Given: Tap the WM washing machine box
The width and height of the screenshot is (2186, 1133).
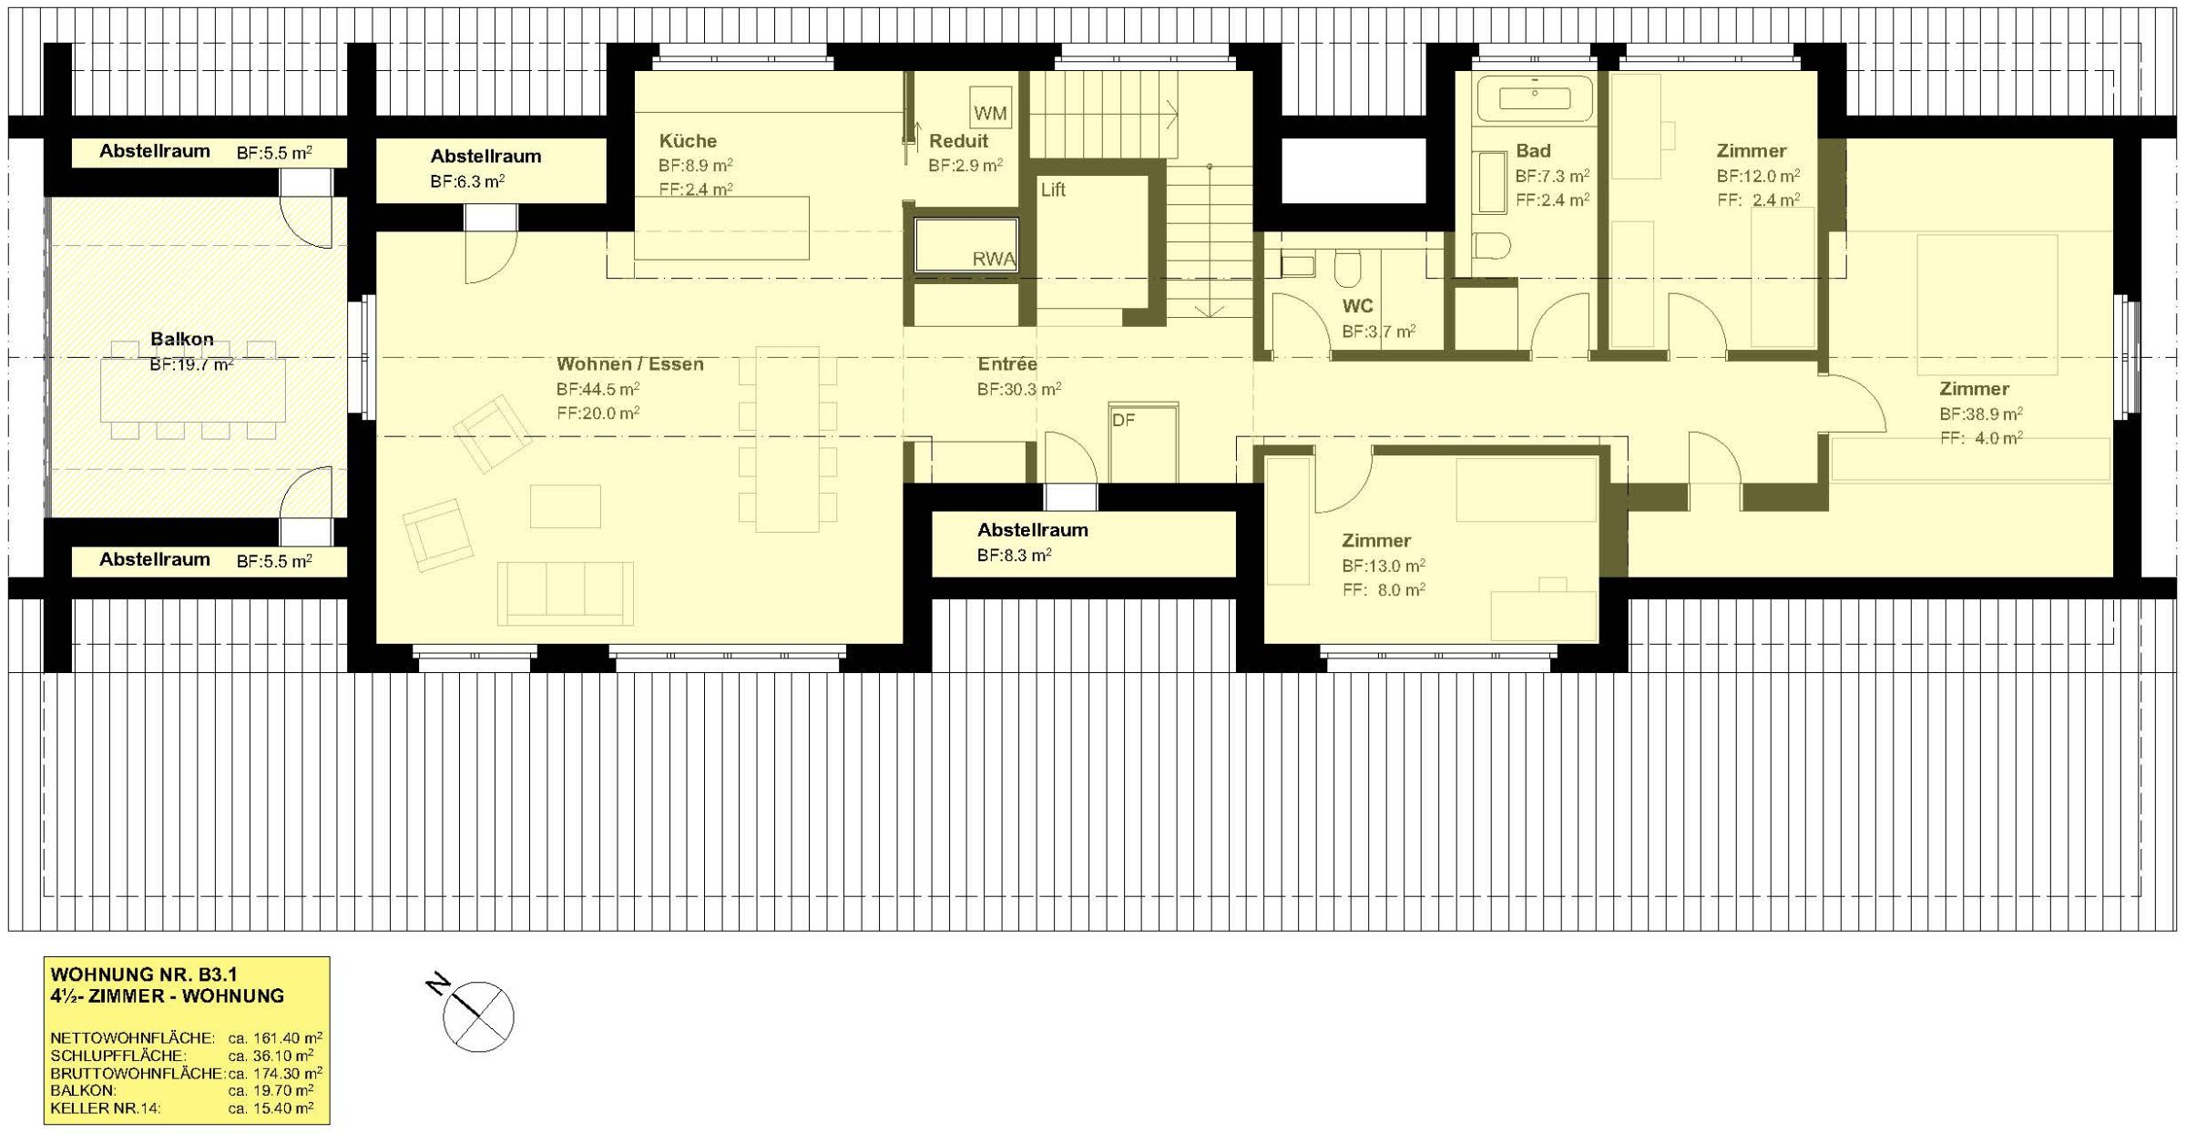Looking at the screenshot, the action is [990, 107].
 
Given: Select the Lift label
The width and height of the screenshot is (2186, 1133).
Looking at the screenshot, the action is [1053, 189].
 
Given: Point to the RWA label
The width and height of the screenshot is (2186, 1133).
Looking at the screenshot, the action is [994, 259].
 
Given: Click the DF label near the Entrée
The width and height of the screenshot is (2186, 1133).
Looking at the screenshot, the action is [1123, 420].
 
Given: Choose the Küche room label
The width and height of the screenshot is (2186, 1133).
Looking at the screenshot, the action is [688, 140].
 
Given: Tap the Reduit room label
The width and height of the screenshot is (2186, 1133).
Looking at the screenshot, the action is [958, 140].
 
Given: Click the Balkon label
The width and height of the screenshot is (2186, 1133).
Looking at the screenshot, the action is [182, 339].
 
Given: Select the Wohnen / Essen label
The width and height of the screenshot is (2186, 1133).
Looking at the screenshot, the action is [630, 363].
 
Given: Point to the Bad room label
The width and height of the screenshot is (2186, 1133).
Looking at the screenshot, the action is [1533, 150].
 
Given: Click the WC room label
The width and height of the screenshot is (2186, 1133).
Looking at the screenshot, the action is [1357, 306].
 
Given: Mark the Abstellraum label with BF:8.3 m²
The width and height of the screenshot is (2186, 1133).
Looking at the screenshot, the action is [1033, 529].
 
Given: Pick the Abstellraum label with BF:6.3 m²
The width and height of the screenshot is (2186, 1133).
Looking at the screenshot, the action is [486, 156].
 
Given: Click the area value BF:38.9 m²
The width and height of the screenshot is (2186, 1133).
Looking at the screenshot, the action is [1981, 413].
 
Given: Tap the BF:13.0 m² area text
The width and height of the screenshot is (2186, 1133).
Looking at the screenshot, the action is [1384, 566].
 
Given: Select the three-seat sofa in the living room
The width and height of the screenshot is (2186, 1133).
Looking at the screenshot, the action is [565, 593].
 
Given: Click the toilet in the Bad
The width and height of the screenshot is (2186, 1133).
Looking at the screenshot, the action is [1491, 245].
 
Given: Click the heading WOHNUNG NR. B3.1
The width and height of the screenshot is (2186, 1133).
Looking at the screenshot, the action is [144, 975].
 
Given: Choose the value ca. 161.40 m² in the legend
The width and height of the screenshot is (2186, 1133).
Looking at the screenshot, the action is [275, 1037].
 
